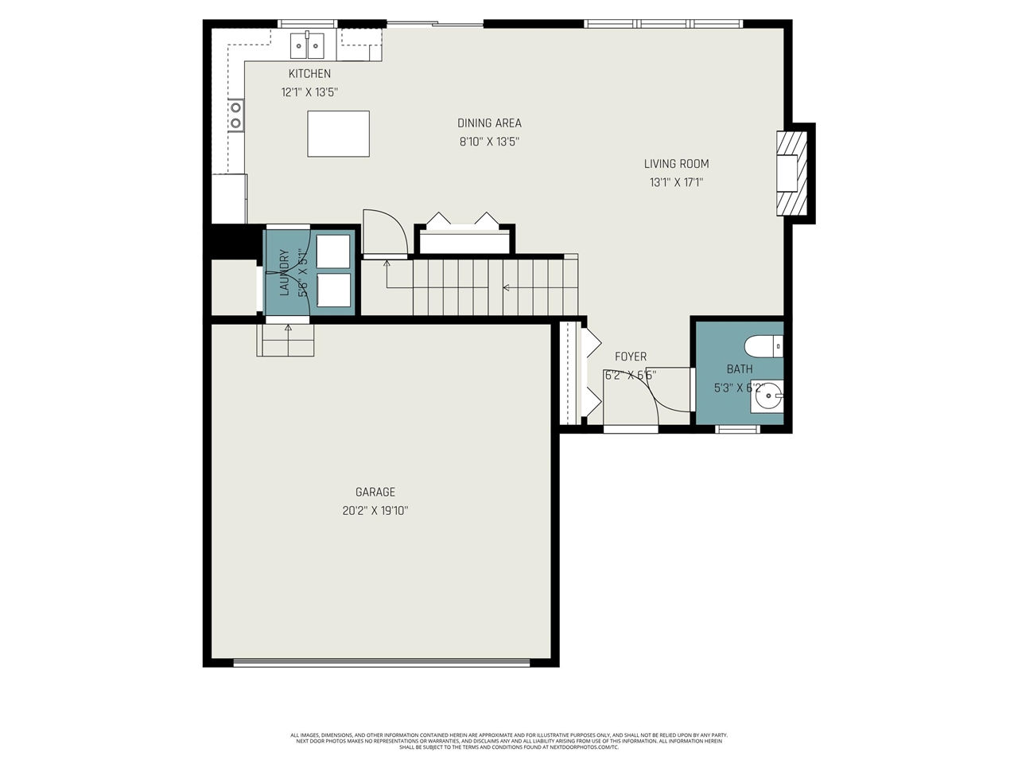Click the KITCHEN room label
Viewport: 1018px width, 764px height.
pyautogui.click(x=309, y=74)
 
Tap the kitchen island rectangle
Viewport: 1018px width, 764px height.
pyautogui.click(x=338, y=134)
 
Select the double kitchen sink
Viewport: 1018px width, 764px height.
pyautogui.click(x=306, y=46)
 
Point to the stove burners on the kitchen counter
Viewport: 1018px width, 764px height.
pyautogui.click(x=235, y=115)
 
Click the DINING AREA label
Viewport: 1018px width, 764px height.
pyautogui.click(x=489, y=123)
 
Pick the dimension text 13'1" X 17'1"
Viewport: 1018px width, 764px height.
pyautogui.click(x=676, y=182)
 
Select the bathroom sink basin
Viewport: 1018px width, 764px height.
pyautogui.click(x=767, y=398)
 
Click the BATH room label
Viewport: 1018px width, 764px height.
pyautogui.click(x=739, y=369)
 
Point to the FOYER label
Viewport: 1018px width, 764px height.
pyautogui.click(x=630, y=357)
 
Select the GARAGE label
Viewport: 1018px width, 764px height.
pyautogui.click(x=375, y=493)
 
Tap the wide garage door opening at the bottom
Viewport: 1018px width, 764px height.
pyautogui.click(x=382, y=661)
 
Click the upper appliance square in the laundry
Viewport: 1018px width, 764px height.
pyautogui.click(x=333, y=251)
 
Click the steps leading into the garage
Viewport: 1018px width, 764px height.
pyautogui.click(x=286, y=341)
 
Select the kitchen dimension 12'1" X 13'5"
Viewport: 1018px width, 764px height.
pyautogui.click(x=309, y=92)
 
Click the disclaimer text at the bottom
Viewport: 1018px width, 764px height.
pyautogui.click(x=509, y=741)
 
